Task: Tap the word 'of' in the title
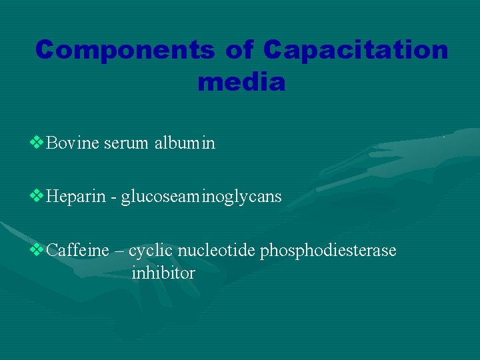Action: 237,50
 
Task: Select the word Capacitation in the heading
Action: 355,50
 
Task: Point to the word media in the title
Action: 241,83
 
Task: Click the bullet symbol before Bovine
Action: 37,143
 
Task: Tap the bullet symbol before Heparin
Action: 37,197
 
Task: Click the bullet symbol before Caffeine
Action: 37,250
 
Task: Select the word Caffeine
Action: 78,251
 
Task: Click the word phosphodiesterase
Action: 328,251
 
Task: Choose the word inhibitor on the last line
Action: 163,273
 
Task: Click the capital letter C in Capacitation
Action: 273,50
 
